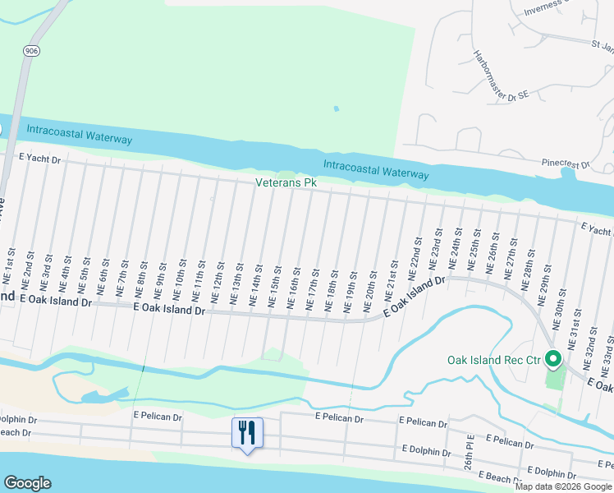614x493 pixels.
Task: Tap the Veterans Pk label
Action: click(x=286, y=182)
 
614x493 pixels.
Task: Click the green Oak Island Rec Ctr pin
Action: click(x=553, y=360)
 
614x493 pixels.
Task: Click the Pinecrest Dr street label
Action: click(x=566, y=164)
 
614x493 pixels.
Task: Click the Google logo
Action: click(x=28, y=483)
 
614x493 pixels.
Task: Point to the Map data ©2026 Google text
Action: click(x=562, y=486)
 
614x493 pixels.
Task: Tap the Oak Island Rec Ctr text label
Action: click(x=494, y=360)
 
